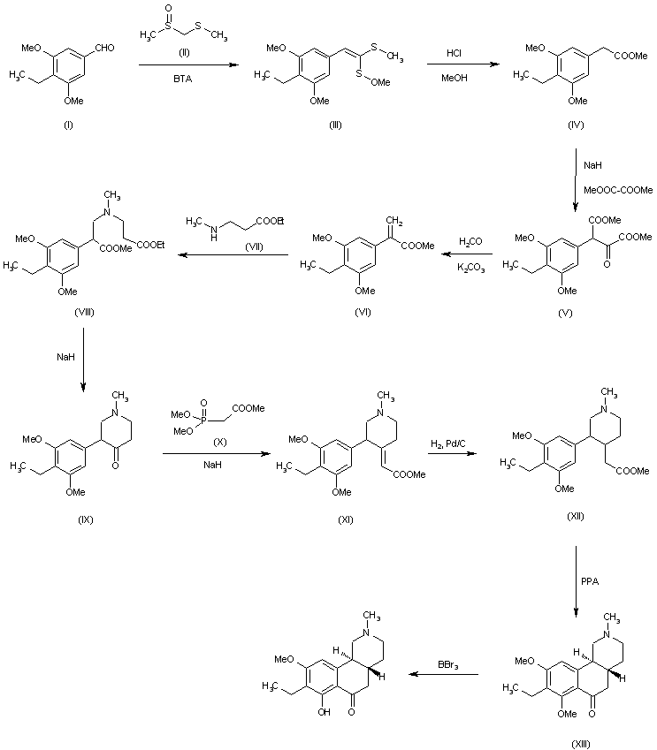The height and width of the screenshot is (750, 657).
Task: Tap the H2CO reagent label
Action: (471, 240)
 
